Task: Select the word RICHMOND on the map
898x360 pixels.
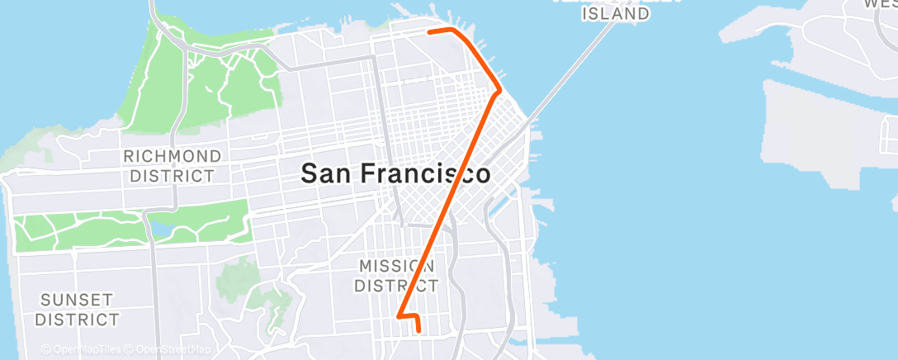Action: point(173,156)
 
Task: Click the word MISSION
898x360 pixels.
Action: point(395,266)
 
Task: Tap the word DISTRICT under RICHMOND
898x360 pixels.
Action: point(173,176)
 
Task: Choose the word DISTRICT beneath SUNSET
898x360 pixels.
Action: point(78,320)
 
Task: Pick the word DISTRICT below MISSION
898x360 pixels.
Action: point(396,286)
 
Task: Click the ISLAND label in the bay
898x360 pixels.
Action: point(616,13)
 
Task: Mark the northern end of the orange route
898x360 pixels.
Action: point(429,32)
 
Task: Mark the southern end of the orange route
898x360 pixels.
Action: point(419,331)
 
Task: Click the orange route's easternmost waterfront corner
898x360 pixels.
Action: point(500,89)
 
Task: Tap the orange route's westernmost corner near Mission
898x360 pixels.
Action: point(399,315)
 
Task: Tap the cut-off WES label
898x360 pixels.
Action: point(880,4)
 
